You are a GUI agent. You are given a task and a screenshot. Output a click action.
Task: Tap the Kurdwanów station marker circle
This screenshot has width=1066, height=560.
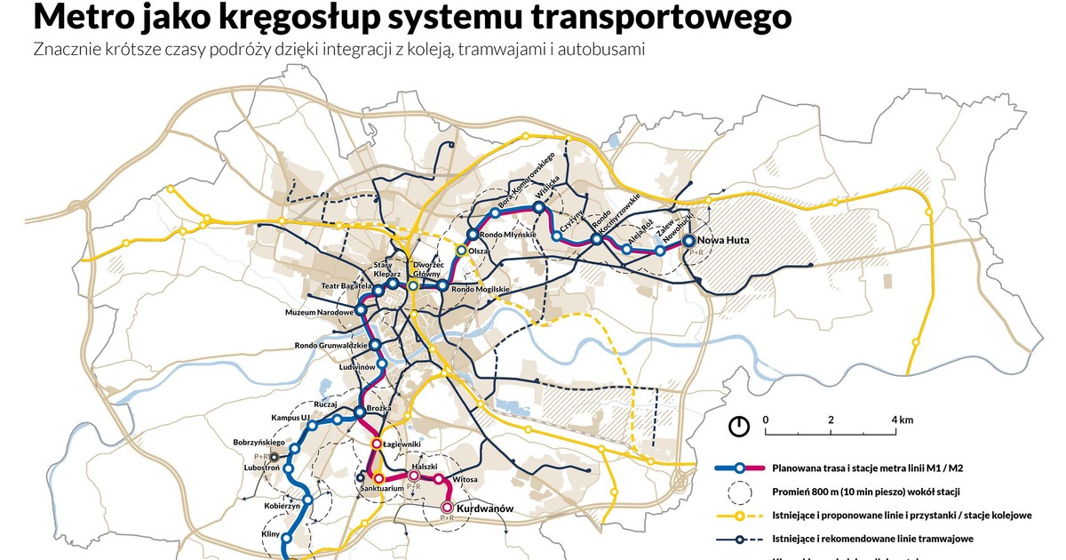click(x=447, y=508)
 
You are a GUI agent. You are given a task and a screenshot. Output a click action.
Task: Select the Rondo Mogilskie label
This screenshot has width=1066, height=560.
click(x=480, y=289)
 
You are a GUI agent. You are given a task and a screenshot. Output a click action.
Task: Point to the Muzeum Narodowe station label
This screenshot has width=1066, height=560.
click(x=320, y=313)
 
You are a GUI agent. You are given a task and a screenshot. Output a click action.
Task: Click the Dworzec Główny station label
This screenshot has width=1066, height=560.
click(x=428, y=269)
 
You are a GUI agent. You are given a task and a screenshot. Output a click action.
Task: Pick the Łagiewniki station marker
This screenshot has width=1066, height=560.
click(x=377, y=443)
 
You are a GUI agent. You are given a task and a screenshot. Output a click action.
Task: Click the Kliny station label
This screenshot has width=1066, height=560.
click(x=271, y=533)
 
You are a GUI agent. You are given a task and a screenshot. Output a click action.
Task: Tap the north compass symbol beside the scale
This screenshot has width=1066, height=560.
click(x=738, y=426)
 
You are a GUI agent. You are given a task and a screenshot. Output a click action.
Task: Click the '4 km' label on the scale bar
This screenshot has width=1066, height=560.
click(x=902, y=420)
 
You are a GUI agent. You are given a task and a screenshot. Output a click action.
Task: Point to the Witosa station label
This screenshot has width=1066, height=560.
click(x=465, y=479)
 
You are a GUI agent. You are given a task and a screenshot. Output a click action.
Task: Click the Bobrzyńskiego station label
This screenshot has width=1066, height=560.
click(x=258, y=442)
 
